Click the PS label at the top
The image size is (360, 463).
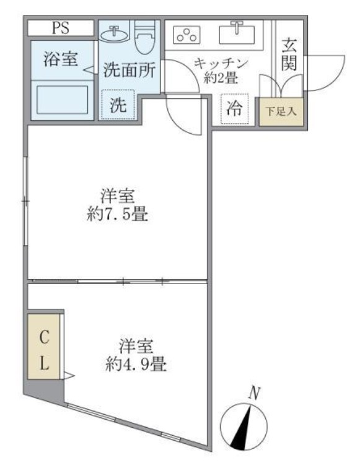click(x=60, y=28)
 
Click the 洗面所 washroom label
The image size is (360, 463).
click(x=128, y=70)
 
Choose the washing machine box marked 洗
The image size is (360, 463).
click(x=117, y=105)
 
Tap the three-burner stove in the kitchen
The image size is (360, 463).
click(x=185, y=35)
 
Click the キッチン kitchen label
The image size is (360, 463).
click(x=221, y=63)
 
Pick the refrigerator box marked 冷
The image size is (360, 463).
click(x=235, y=109)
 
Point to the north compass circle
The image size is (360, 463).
click(x=244, y=426)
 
